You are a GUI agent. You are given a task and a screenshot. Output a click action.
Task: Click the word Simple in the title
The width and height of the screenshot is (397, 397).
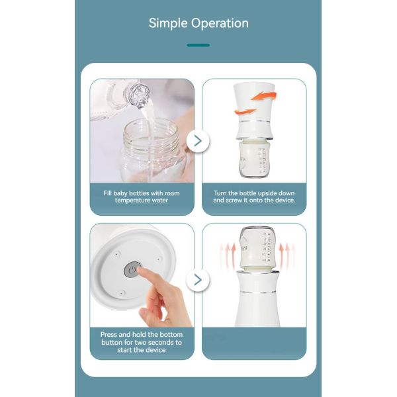[x=168, y=23]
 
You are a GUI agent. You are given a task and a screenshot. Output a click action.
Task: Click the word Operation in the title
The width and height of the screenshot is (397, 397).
[x=220, y=23]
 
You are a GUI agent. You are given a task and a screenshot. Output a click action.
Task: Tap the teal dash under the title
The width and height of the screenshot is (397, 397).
[x=198, y=45]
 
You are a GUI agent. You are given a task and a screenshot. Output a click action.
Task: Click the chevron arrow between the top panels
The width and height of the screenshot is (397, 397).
[x=198, y=140]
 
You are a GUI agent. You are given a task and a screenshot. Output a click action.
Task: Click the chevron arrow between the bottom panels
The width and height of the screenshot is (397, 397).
[x=198, y=280]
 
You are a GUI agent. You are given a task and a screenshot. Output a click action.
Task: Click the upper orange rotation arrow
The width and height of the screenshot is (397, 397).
[x=264, y=96]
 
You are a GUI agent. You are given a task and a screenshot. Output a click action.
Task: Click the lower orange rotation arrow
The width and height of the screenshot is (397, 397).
[x=245, y=111]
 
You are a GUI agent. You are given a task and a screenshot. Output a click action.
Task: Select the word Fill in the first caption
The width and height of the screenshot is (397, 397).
[x=107, y=193]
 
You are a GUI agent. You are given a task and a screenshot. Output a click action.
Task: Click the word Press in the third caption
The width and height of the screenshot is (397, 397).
[x=109, y=335]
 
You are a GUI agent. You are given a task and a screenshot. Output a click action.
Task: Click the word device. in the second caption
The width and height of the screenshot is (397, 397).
[x=285, y=200]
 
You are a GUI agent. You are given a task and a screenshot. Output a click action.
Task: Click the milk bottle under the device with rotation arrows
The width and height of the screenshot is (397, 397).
[x=255, y=159]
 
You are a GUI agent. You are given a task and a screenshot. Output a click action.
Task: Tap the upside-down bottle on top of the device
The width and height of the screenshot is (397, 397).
[x=257, y=249]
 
